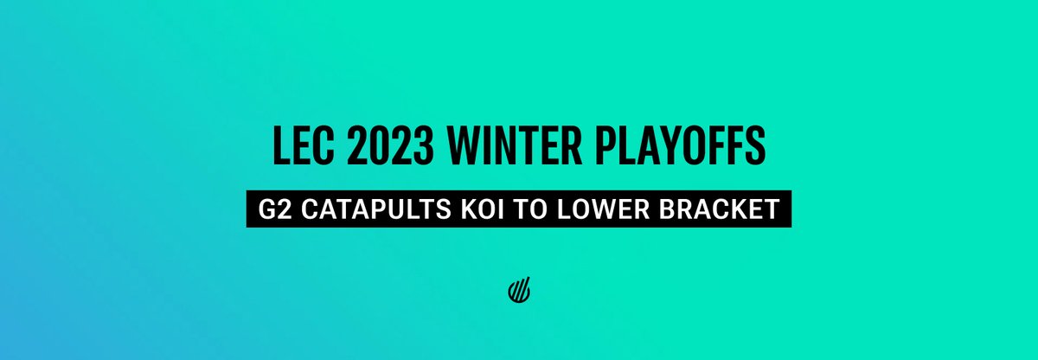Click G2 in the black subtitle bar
272,209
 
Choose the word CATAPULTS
362,209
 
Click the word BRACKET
712,209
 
